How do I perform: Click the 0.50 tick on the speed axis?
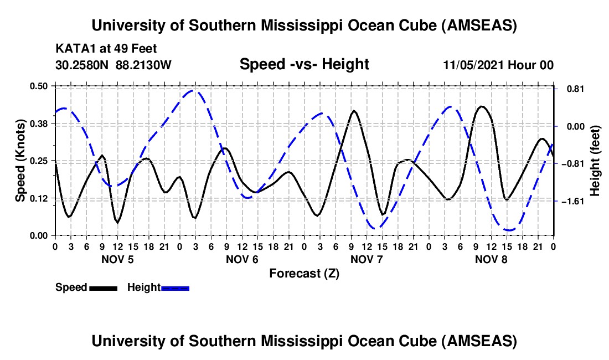click(x=39, y=86)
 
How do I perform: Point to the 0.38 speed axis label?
click(x=39, y=124)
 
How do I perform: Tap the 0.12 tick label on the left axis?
click(x=39, y=198)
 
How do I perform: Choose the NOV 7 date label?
click(x=367, y=259)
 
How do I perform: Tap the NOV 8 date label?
click(x=491, y=259)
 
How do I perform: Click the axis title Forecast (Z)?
click(x=304, y=273)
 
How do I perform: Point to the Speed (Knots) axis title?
click(x=20, y=161)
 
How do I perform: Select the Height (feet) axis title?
click(x=595, y=161)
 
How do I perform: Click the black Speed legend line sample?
click(x=102, y=287)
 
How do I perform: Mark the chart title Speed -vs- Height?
click(x=304, y=65)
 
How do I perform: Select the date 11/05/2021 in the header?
click(x=473, y=65)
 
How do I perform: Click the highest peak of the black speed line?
click(x=482, y=106)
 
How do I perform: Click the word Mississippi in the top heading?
click(x=322, y=25)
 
